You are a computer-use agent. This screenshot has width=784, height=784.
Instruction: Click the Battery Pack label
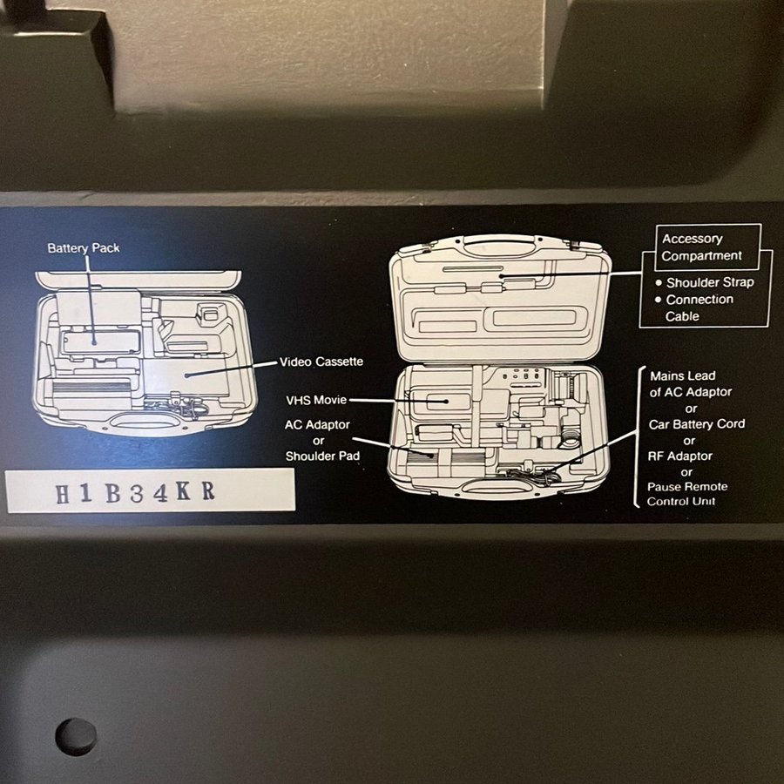[x=84, y=248]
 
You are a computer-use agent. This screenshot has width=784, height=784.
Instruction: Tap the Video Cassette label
[x=321, y=362]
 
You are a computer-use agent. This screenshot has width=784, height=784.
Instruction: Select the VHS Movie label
[x=316, y=400]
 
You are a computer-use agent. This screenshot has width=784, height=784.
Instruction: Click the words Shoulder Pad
[x=322, y=456]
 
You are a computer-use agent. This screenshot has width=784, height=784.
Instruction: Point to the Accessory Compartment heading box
[x=707, y=247]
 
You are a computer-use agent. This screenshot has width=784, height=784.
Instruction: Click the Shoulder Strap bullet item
[x=705, y=282]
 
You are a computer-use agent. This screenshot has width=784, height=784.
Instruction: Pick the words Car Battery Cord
[x=697, y=424]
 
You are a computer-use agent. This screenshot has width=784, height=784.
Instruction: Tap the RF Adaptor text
[x=679, y=456]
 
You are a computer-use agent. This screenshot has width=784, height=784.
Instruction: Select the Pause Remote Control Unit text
[x=687, y=494]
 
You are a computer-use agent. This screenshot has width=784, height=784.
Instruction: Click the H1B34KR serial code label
[x=151, y=490]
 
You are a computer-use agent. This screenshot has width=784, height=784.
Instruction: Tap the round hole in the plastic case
[x=76, y=737]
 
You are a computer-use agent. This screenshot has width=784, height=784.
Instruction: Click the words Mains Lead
[x=682, y=375]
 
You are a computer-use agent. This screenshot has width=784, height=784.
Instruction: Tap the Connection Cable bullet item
[x=695, y=308]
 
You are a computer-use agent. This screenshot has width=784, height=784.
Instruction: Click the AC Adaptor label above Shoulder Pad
[x=317, y=424]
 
